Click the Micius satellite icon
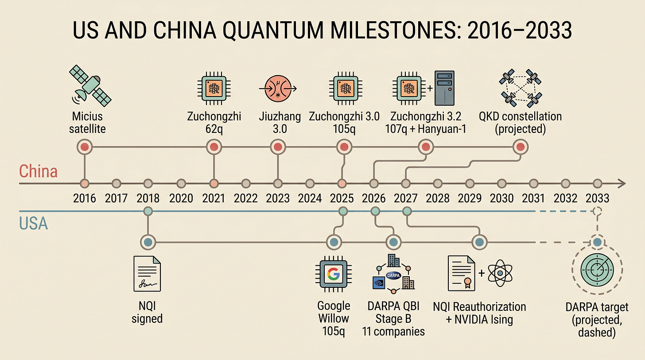click(x=90, y=84)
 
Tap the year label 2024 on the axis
click(x=310, y=198)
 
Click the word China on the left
click(x=38, y=171)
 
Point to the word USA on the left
click(x=34, y=224)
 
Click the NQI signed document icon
click(x=147, y=274)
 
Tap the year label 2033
click(x=597, y=198)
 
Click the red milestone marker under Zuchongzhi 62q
click(x=214, y=147)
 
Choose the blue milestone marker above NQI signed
click(x=148, y=242)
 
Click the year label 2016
click(x=85, y=198)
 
